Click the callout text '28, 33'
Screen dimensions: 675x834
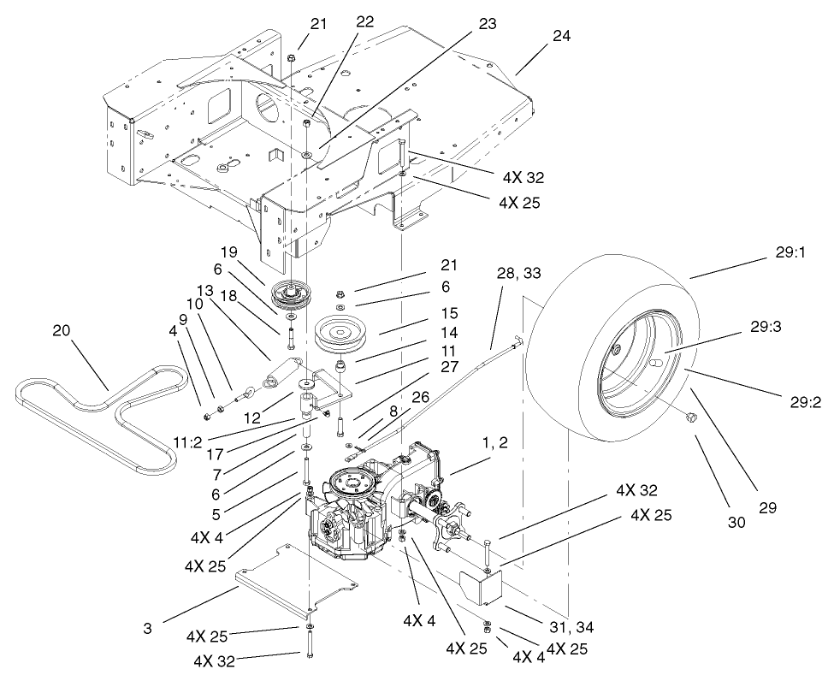(x=518, y=272)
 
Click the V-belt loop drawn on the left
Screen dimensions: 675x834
(x=103, y=415)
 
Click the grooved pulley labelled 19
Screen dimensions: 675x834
(x=293, y=295)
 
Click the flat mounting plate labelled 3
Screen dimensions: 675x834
(x=295, y=582)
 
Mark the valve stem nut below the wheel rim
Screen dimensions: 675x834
(x=692, y=417)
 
